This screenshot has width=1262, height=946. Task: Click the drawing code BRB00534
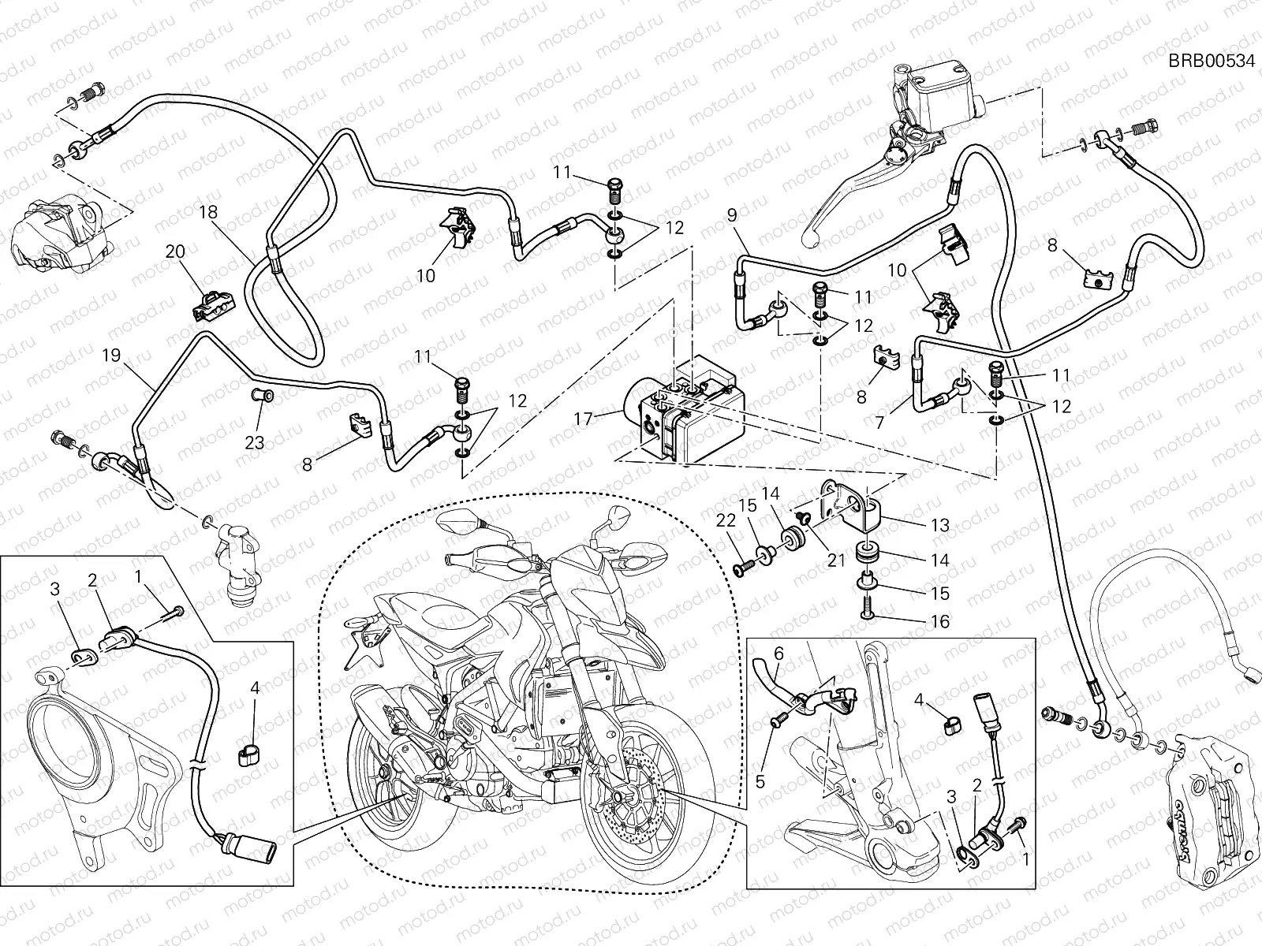[x=1211, y=62]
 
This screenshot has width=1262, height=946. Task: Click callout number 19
[x=111, y=355]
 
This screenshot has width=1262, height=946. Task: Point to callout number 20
[x=174, y=251]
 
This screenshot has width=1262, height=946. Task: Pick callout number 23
[x=254, y=441]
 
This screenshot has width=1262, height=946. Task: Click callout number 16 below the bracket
[x=939, y=622]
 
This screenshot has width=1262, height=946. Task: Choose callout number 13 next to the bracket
[x=939, y=524]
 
